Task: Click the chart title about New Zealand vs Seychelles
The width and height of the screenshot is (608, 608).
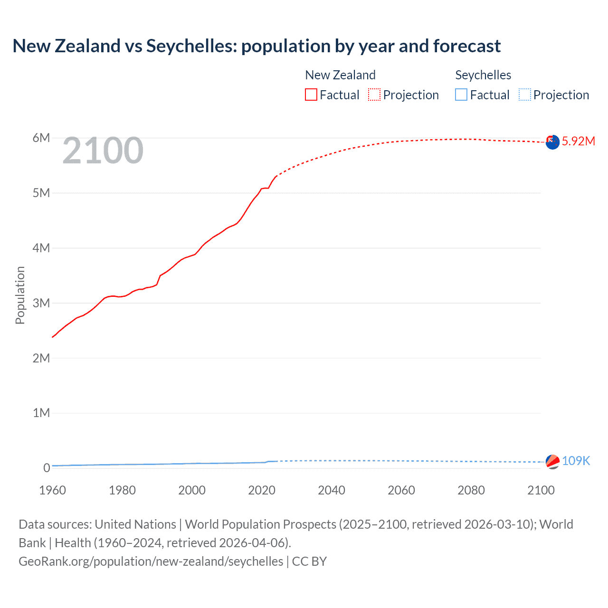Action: pos(256,46)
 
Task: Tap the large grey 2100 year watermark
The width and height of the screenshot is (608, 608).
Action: pos(103,151)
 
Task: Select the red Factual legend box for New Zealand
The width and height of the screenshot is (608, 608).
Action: pos(311,95)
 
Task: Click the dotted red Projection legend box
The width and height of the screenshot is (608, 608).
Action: pos(374,95)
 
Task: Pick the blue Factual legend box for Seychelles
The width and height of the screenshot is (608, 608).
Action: pos(461,95)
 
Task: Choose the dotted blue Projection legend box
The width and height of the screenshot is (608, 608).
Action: pos(525,95)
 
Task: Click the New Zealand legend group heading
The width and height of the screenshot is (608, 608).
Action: pos(340,75)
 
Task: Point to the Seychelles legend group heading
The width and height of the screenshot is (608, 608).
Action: pos(483,75)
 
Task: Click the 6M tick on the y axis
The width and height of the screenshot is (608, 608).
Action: pos(41,138)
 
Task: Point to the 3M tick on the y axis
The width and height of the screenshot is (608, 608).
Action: pos(41,303)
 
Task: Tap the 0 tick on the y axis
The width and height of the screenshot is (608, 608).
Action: pos(47,468)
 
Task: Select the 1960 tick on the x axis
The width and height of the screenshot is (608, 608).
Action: pos(52,490)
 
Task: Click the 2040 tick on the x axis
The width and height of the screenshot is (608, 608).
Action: pos(332,490)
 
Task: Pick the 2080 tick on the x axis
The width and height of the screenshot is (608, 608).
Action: pos(471,490)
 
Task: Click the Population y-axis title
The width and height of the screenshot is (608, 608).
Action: pos(20,295)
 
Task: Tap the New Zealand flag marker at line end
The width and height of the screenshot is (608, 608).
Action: pos(552,142)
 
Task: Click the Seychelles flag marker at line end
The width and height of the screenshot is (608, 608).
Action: pos(552,462)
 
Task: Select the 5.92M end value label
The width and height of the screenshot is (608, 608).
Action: pos(578,141)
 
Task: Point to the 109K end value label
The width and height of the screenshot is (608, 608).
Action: pos(576,461)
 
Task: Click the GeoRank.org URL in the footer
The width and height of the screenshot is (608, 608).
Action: pos(151,561)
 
